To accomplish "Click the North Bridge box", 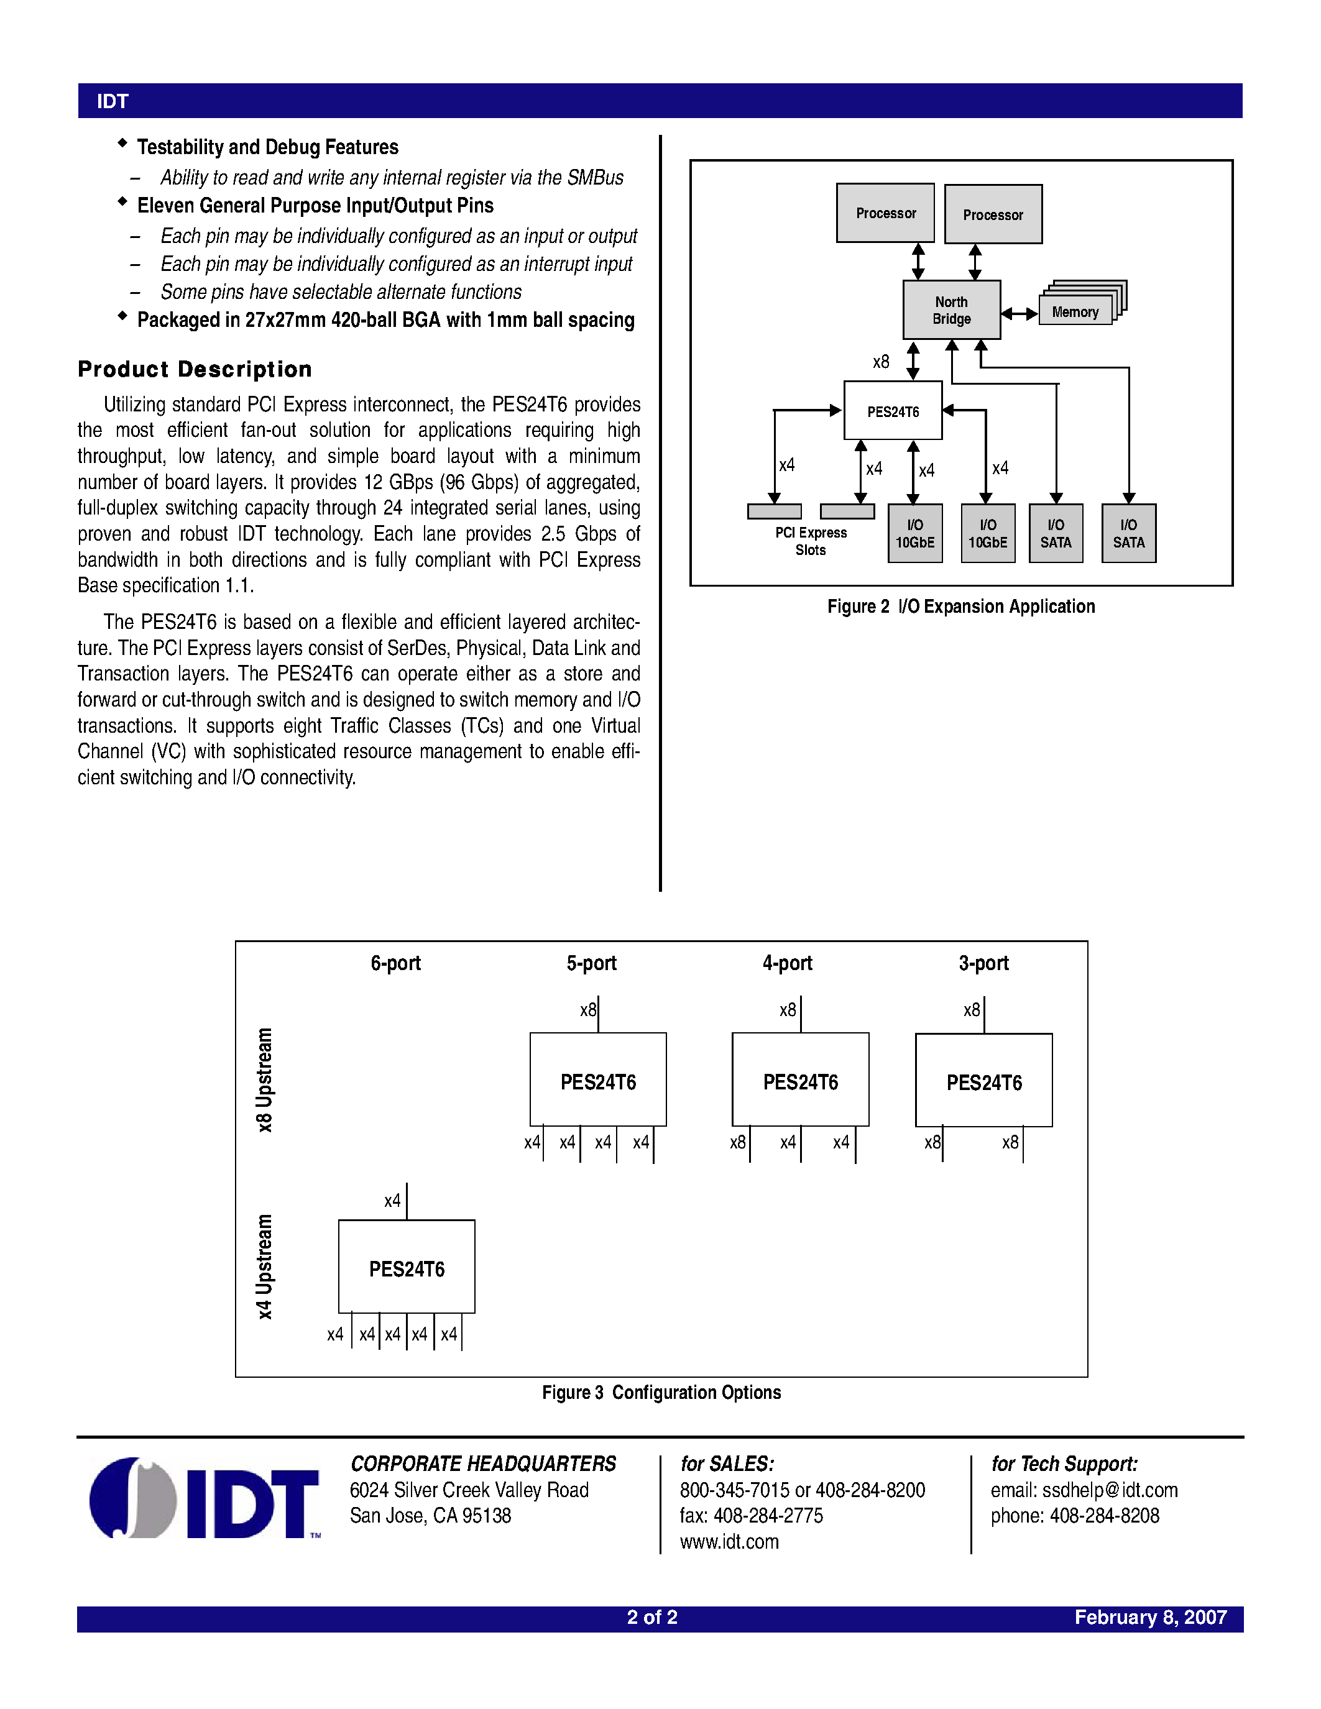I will pos(951,310).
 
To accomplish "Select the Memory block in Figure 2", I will pos(1075,311).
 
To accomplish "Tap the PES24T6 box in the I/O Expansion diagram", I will pos(892,411).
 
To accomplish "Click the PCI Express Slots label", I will pos(811,541).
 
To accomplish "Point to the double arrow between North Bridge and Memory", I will pos(1019,313).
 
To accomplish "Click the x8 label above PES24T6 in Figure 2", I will pos(881,362).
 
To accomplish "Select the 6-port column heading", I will pos(395,963).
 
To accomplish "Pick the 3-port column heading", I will pos(983,963).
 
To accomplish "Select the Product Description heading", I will pos(195,369).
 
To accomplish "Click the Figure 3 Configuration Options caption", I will pos(661,1392).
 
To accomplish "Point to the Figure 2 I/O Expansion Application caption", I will pos(961,607).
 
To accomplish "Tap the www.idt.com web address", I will pos(729,1542).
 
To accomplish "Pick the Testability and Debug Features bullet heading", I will pos(268,147).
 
